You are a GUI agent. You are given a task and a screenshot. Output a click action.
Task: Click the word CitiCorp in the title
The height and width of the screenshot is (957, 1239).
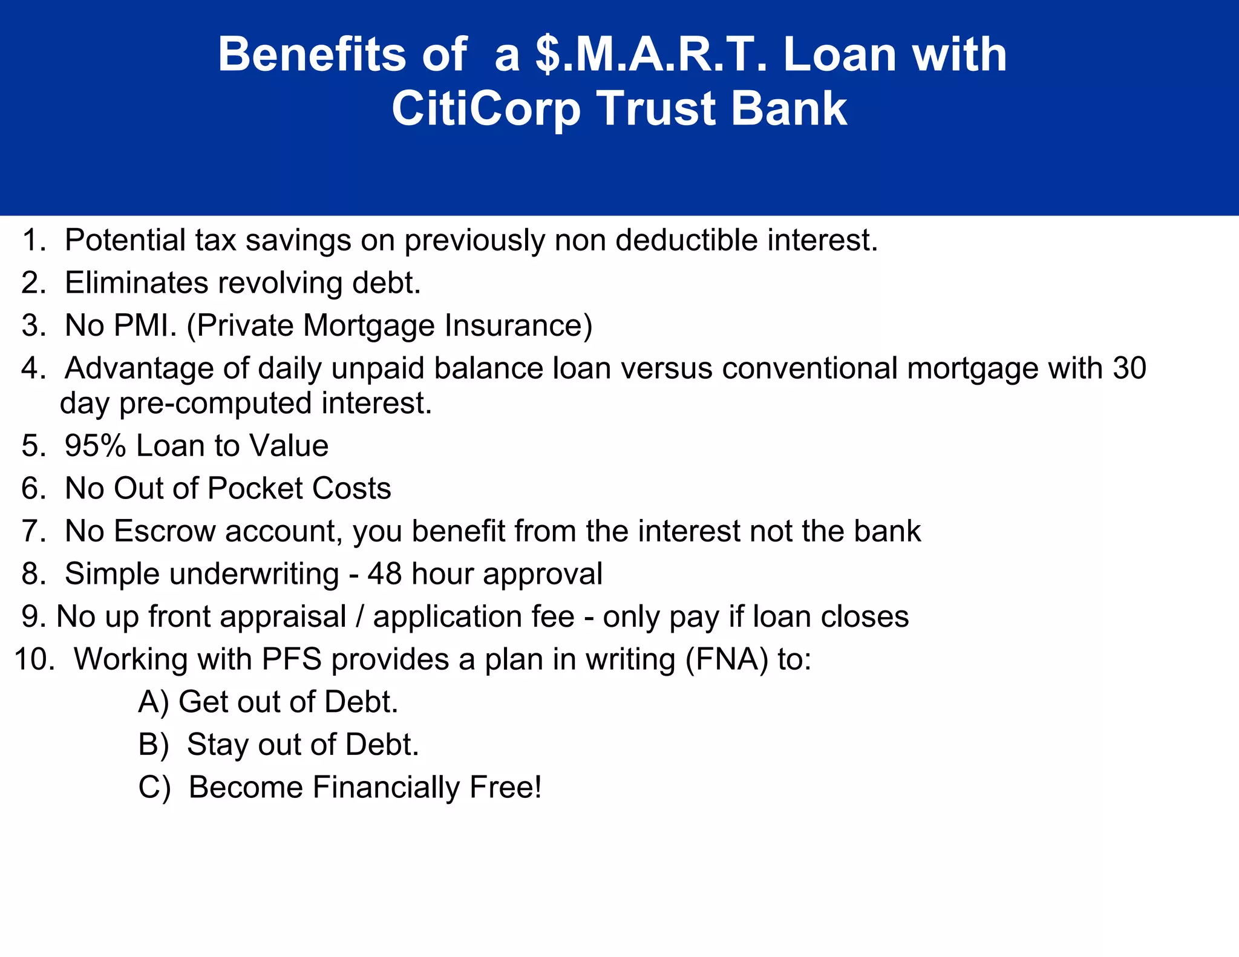[x=486, y=109]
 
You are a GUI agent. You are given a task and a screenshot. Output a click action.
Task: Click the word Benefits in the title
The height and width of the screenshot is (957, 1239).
[x=312, y=54]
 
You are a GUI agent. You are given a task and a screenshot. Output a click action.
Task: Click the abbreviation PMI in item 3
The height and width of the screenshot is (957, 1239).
[x=145, y=325]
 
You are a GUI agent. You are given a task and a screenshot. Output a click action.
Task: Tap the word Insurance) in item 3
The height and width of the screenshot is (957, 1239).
[x=518, y=325]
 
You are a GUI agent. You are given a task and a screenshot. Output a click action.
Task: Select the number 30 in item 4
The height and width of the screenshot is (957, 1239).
[x=1129, y=368]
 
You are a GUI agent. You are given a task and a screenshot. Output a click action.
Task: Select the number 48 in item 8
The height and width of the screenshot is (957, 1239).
[x=384, y=573]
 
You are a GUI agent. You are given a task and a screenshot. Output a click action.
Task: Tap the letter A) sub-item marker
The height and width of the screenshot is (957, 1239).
[x=153, y=702]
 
